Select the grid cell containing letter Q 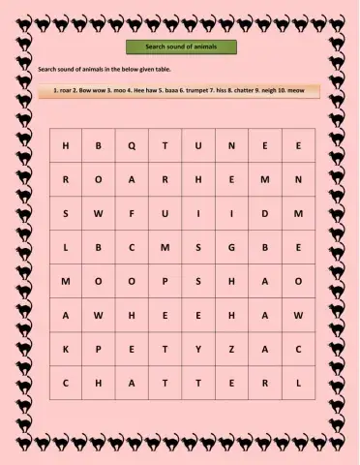click(132, 145)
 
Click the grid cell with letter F click(132, 213)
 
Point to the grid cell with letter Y click(198, 349)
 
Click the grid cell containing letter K click(66, 349)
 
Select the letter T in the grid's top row click(165, 145)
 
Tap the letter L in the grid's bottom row click(298, 383)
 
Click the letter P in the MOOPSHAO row click(165, 281)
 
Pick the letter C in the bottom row click(66, 383)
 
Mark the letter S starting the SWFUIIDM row click(66, 213)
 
